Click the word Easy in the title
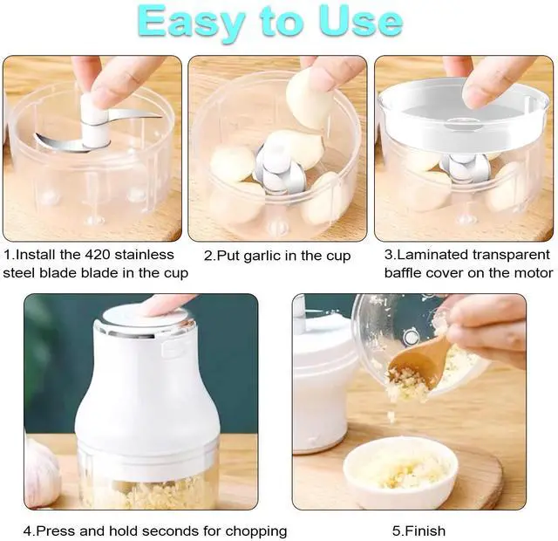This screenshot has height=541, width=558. pos(192,21)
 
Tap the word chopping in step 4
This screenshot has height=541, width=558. pos(255,531)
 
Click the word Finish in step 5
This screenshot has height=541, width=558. pos(425,531)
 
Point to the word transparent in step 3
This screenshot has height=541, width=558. pos(512,255)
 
